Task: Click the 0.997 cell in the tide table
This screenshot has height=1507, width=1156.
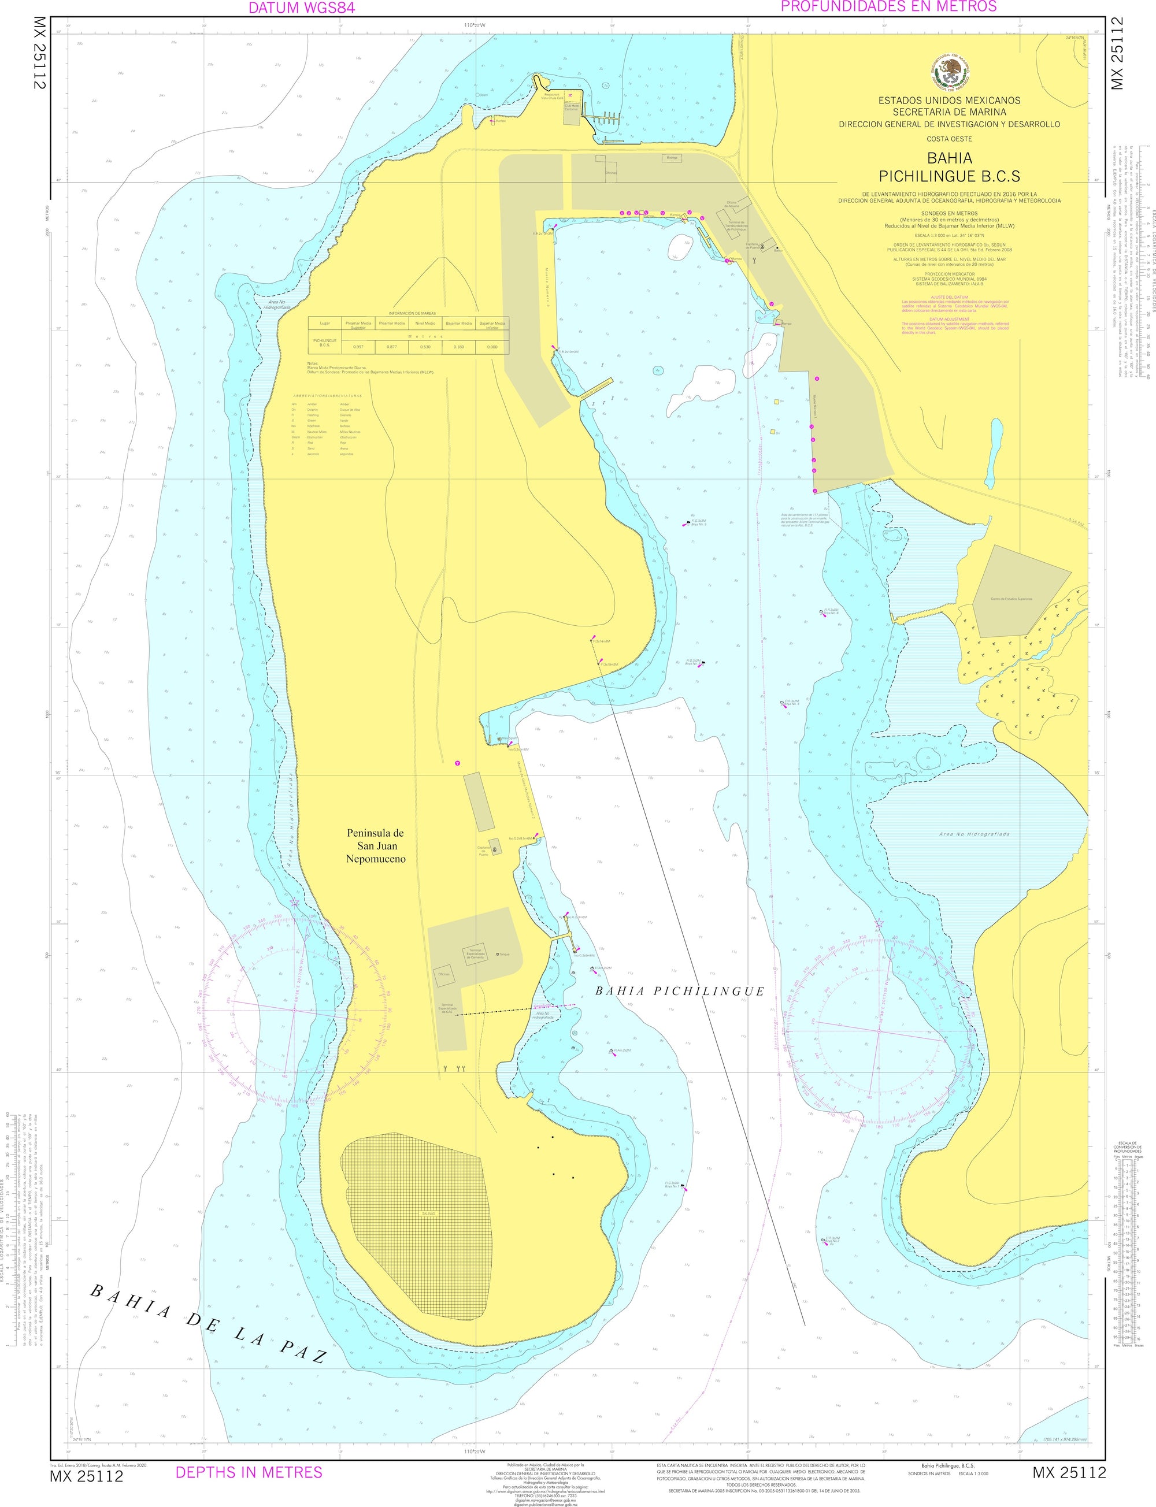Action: pyautogui.click(x=358, y=347)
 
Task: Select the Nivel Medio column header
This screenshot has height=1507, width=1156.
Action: pyautogui.click(x=425, y=323)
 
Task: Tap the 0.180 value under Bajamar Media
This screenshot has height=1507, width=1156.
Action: pyautogui.click(x=458, y=347)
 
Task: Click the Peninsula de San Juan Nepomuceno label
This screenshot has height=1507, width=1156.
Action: pyautogui.click(x=375, y=846)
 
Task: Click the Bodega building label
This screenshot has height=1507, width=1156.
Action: pyautogui.click(x=672, y=158)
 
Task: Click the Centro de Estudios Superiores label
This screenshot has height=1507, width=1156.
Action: pyautogui.click(x=1011, y=599)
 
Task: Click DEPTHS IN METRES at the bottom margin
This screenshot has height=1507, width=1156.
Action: pyautogui.click(x=249, y=1472)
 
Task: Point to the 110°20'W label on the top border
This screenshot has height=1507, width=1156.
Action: pyautogui.click(x=475, y=25)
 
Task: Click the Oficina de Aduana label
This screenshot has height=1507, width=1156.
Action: pyautogui.click(x=731, y=205)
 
